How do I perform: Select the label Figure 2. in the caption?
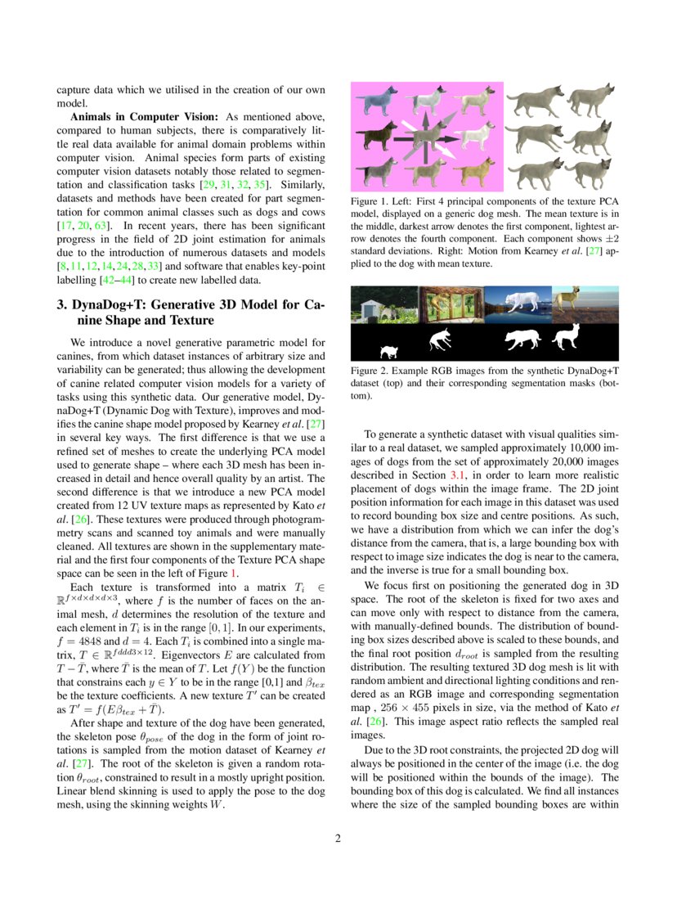pos(371,371)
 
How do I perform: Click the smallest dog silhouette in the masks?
pos(390,352)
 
